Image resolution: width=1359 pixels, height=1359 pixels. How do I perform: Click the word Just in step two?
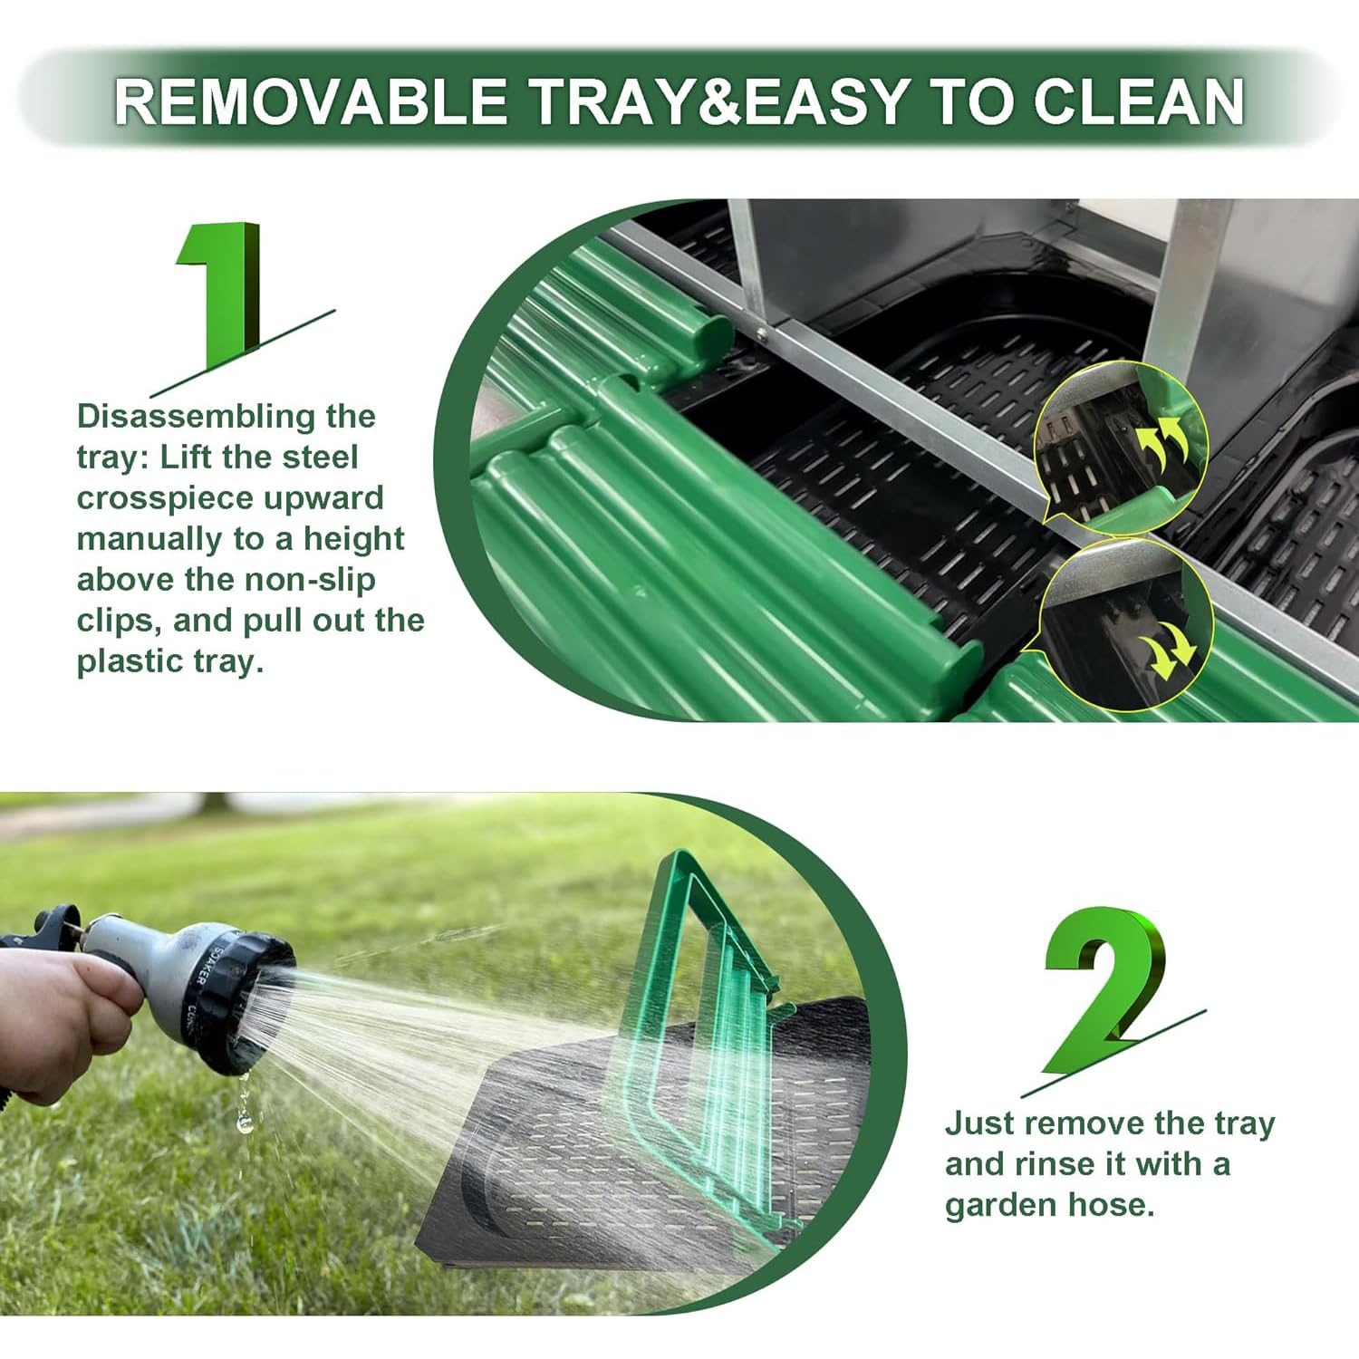[x=978, y=1123]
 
